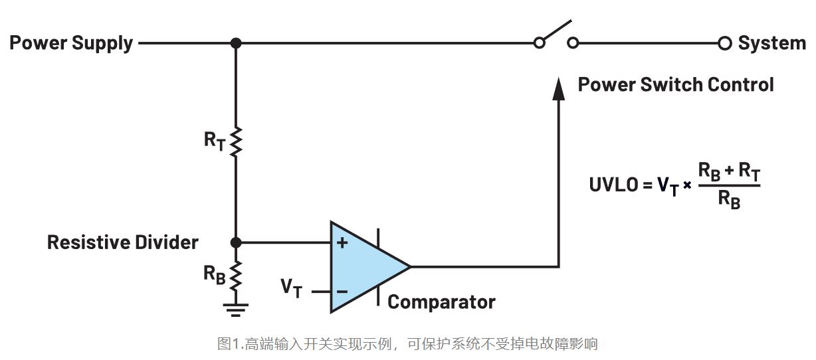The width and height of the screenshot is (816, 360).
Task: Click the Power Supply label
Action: (71, 44)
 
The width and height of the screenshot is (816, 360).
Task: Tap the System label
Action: (771, 44)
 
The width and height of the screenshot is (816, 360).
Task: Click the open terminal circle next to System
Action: (724, 44)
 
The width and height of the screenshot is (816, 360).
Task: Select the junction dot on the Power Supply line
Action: (235, 43)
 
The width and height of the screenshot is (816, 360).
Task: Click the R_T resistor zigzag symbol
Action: (235, 140)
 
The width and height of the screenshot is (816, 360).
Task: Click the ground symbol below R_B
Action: (235, 308)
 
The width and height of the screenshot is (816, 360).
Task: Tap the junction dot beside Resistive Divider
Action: (235, 242)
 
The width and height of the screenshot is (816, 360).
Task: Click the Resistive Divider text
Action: (123, 242)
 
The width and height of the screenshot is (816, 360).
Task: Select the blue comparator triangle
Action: (365, 267)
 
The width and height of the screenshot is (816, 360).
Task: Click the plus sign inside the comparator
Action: (342, 243)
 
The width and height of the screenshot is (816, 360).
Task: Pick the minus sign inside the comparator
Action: (342, 291)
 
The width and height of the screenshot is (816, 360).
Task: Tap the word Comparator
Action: (441, 302)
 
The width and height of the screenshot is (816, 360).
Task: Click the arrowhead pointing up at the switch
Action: (559, 89)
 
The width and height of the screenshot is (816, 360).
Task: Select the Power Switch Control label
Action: (675, 85)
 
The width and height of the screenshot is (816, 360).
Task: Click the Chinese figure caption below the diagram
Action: (407, 344)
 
